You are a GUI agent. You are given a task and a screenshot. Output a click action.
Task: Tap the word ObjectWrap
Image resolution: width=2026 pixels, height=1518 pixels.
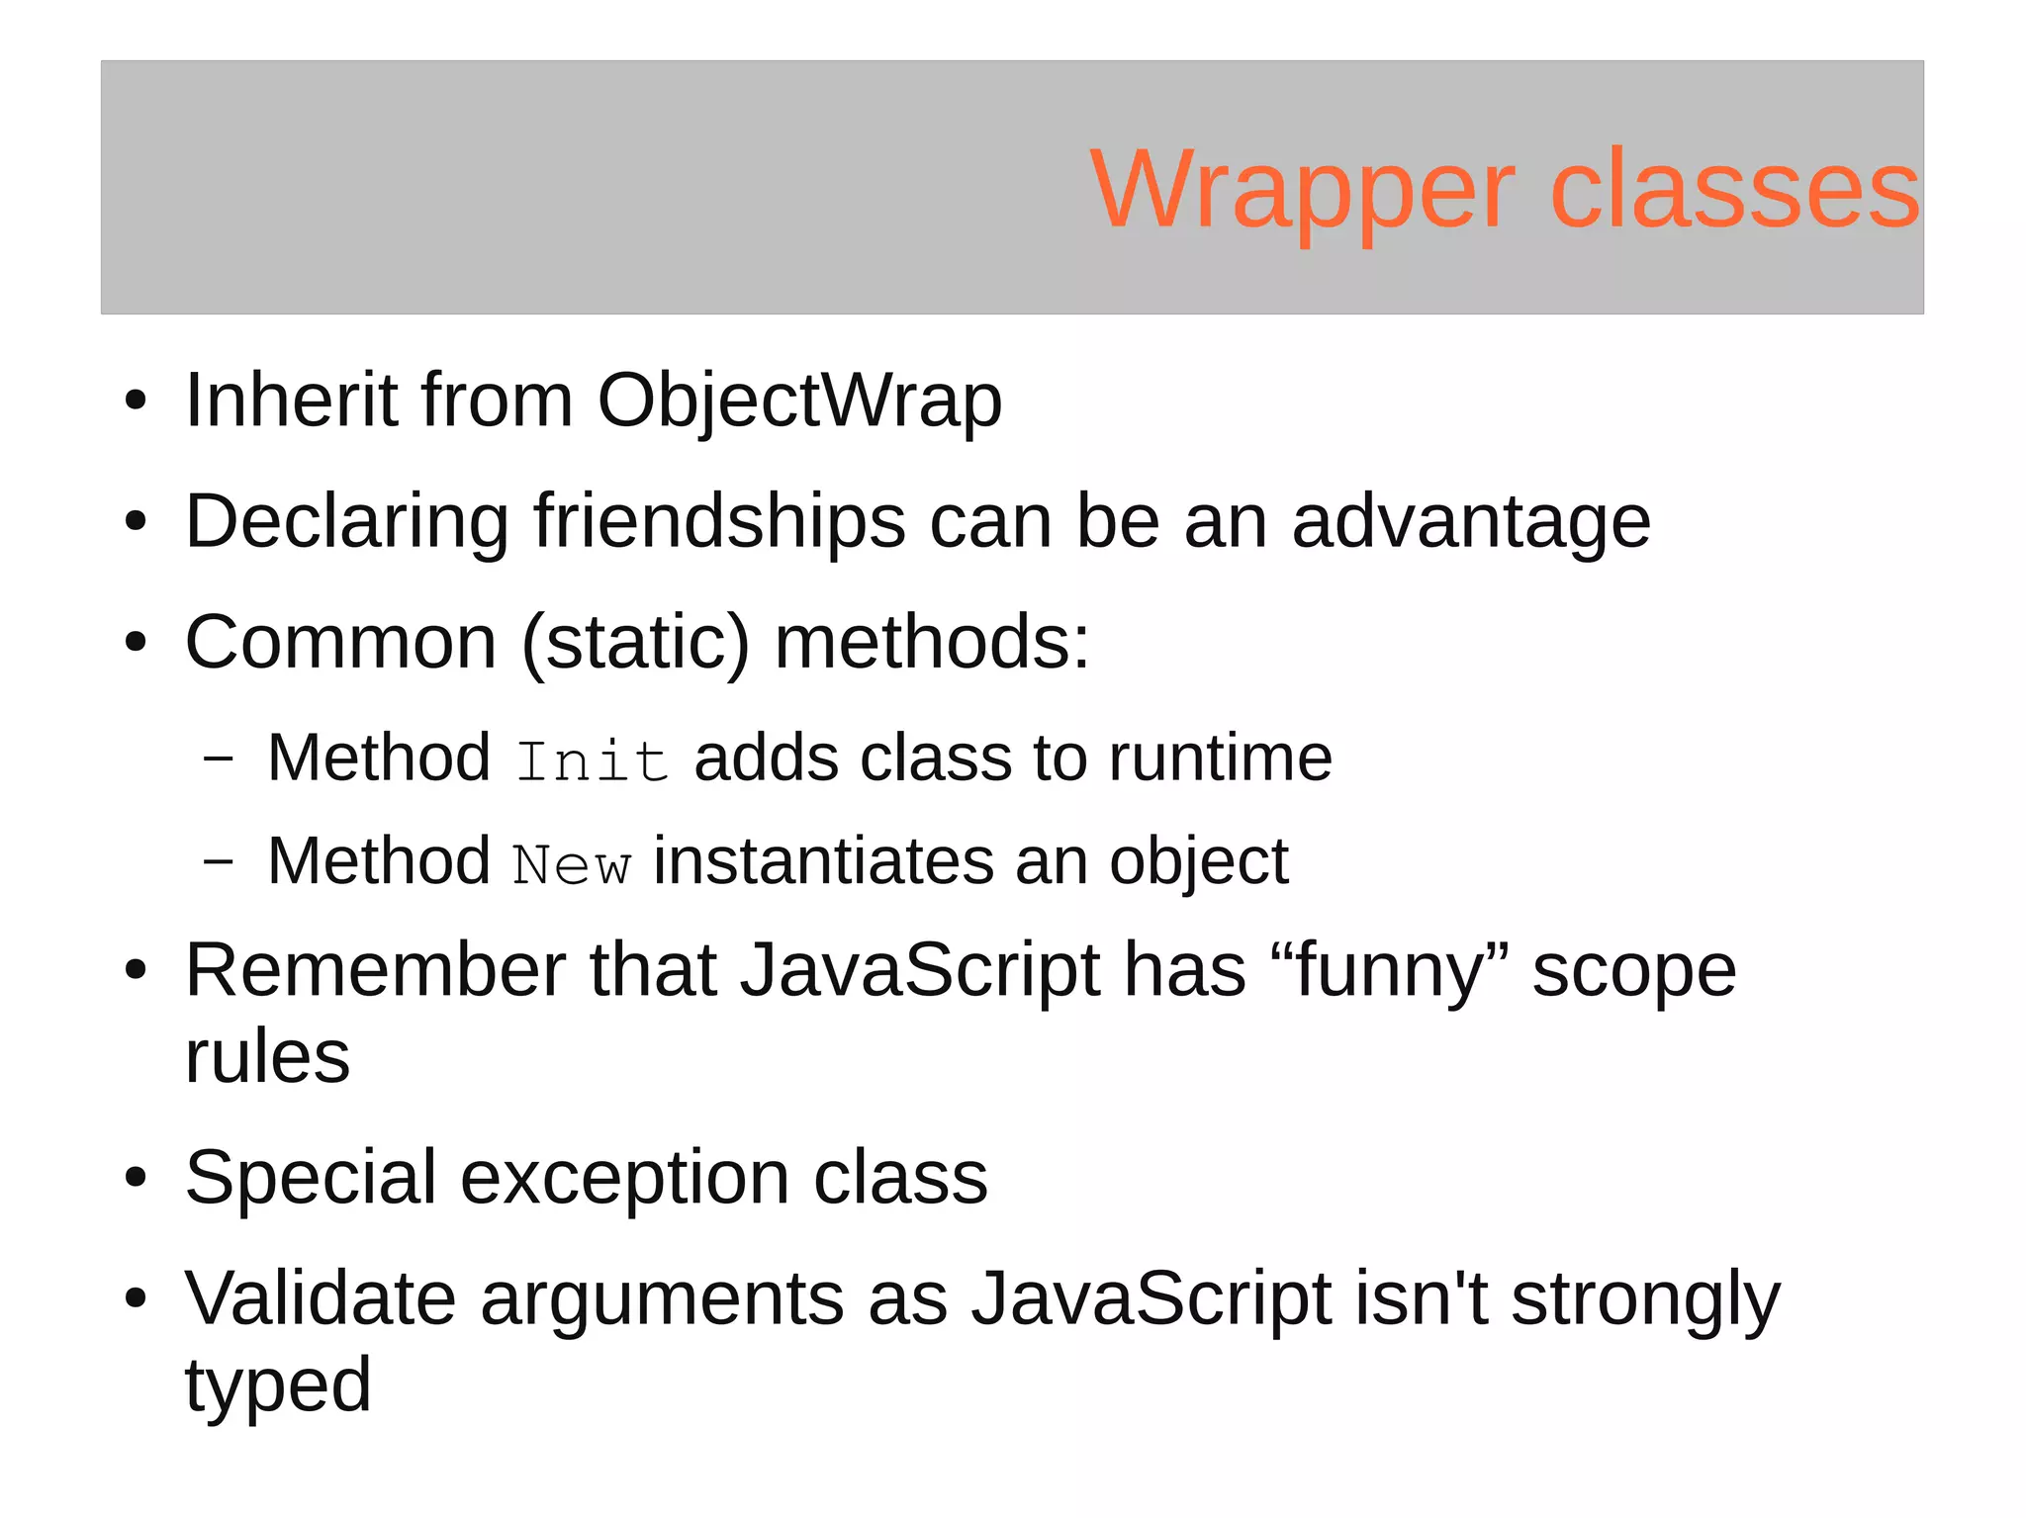click(x=799, y=401)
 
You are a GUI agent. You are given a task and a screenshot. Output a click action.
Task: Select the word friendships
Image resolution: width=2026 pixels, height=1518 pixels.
click(x=719, y=521)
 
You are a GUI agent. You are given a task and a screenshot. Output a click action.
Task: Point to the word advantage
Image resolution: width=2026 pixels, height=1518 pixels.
click(x=1470, y=523)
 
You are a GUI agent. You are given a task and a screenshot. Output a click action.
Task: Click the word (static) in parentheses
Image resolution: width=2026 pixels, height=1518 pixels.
click(x=635, y=643)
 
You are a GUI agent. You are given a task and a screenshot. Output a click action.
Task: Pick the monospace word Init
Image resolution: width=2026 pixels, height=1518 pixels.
click(x=592, y=761)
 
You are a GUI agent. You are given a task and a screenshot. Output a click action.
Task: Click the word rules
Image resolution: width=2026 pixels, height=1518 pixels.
click(x=267, y=1056)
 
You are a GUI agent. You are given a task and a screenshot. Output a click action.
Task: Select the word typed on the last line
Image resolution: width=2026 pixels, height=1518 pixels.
click(x=278, y=1386)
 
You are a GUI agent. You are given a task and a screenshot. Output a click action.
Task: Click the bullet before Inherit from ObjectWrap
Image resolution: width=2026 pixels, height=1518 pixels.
click(x=136, y=402)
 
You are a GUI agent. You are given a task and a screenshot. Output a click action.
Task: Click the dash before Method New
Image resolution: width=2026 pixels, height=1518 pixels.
click(x=218, y=861)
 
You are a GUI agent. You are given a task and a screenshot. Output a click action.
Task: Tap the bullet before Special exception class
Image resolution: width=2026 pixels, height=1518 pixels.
click(x=136, y=1179)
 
